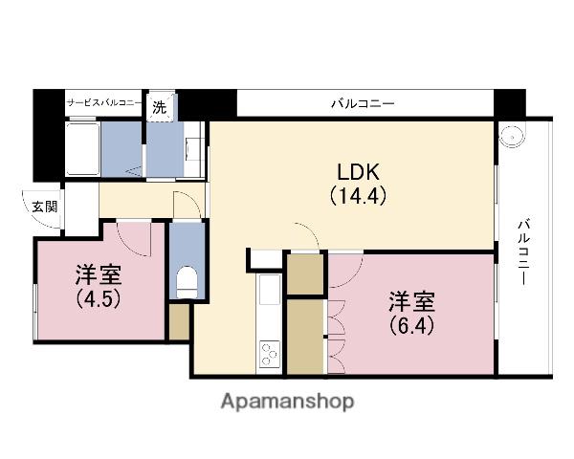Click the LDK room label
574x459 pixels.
pos(359,172)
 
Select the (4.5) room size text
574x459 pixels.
pos(99,299)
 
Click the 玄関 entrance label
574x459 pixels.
pos(45,207)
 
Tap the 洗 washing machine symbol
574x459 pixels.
pos(159,107)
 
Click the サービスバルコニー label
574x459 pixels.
pos(104,103)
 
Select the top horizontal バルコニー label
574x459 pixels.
pos(364,104)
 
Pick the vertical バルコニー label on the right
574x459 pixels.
pos(524,251)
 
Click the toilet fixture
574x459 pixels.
pos(187,282)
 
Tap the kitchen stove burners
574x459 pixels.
pos(269,354)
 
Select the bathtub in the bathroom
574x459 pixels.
pos(82,149)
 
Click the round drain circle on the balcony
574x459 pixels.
pos(512,136)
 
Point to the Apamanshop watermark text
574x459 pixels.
pos(287,402)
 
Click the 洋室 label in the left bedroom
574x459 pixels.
pos(99,275)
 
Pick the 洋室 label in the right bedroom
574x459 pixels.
pos(412,301)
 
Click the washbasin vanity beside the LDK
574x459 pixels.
pos(193,150)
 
